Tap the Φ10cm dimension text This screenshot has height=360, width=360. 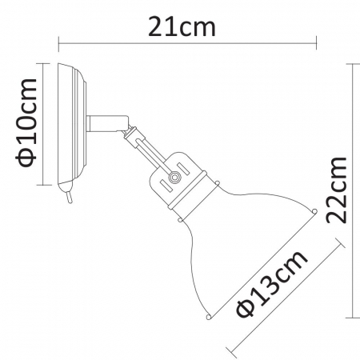click(x=26, y=121)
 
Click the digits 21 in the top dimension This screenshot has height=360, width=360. click(x=164, y=28)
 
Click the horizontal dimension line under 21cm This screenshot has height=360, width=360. click(x=188, y=46)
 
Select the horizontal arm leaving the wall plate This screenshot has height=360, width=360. click(x=104, y=122)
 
